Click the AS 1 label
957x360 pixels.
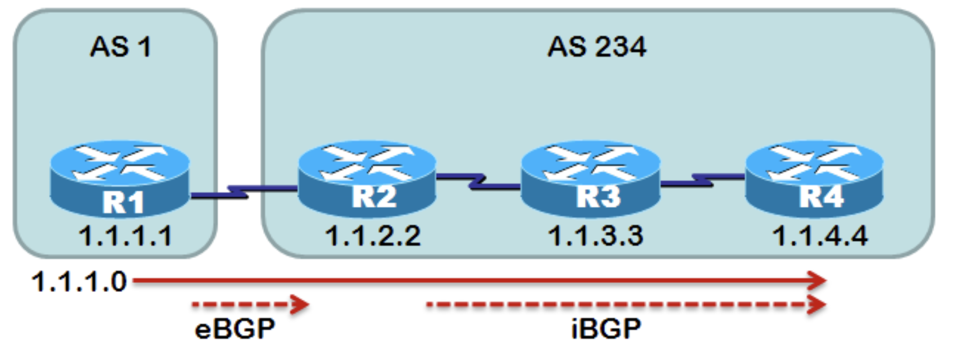pyautogui.click(x=120, y=47)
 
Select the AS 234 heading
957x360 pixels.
pyautogui.click(x=597, y=47)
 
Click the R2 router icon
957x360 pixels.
pyautogui.click(x=367, y=176)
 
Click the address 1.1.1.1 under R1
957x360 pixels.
pyautogui.click(x=126, y=236)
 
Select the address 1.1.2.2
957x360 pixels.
pyautogui.click(x=373, y=236)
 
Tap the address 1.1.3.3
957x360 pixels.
pyautogui.click(x=595, y=236)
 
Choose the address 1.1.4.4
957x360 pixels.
pyautogui.click(x=819, y=236)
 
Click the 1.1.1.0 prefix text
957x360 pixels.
pyautogui.click(x=79, y=281)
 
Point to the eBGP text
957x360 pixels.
pyautogui.click(x=235, y=329)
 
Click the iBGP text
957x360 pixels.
pyautogui.click(x=606, y=329)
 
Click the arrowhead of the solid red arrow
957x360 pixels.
pyautogui.click(x=818, y=280)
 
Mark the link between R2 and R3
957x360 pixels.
pyautogui.click(x=478, y=182)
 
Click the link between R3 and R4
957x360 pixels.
pyautogui.click(x=702, y=180)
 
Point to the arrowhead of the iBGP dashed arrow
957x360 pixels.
pyautogui.click(x=818, y=304)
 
